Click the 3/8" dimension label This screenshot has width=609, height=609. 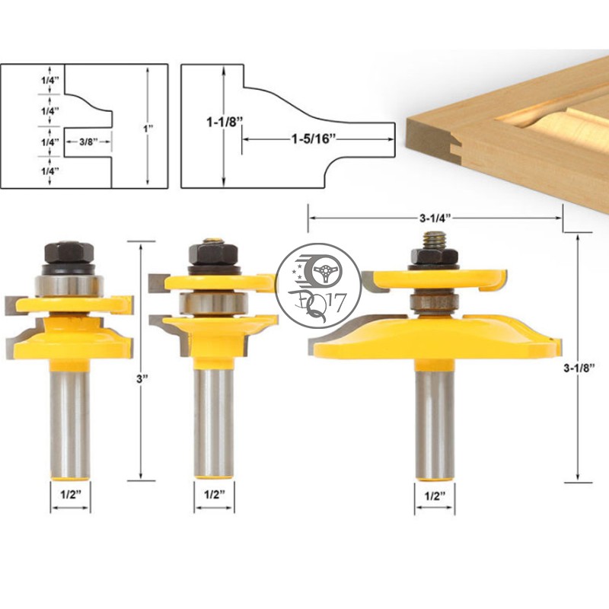(x=88, y=142)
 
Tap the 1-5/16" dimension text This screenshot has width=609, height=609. (x=314, y=139)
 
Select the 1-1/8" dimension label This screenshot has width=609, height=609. (x=225, y=122)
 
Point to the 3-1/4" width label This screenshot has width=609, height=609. (x=435, y=218)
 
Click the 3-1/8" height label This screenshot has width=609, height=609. (x=579, y=367)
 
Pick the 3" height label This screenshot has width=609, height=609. (x=141, y=379)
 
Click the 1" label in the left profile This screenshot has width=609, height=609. (x=148, y=128)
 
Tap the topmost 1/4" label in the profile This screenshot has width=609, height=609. (x=50, y=81)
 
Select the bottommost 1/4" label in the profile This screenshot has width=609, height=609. (x=50, y=171)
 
